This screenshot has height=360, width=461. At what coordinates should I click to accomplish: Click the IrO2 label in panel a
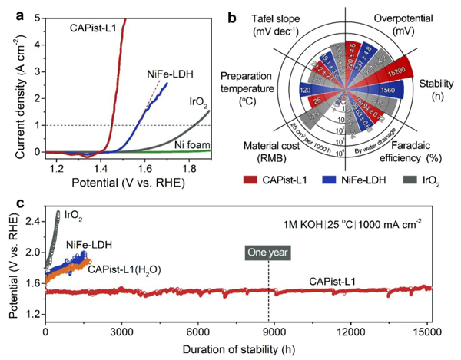(x=197, y=100)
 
